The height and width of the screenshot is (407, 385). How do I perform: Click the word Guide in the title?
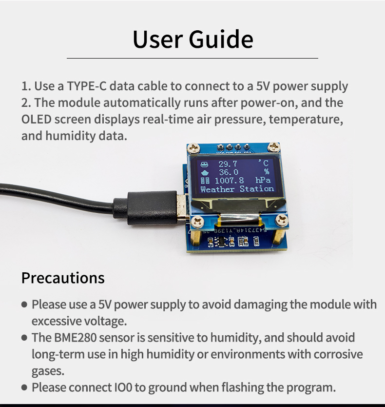pyautogui.click(x=221, y=40)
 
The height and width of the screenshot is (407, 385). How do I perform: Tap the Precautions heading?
pyautogui.click(x=63, y=278)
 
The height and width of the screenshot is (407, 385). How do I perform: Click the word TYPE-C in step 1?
pyautogui.click(x=87, y=86)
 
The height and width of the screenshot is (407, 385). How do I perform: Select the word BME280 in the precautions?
pyautogui.click(x=75, y=337)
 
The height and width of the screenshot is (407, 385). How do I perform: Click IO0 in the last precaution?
pyautogui.click(x=123, y=387)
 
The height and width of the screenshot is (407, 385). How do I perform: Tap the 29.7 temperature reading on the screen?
pyautogui.click(x=228, y=164)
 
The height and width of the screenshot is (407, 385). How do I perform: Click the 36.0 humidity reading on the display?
pyautogui.click(x=229, y=172)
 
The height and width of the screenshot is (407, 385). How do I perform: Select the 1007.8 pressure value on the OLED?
pyautogui.click(x=229, y=181)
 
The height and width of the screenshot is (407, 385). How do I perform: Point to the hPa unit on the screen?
pyautogui.click(x=263, y=180)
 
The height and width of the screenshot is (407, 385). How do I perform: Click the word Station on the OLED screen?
pyautogui.click(x=257, y=188)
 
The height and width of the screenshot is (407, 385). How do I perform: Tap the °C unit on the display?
pyautogui.click(x=264, y=163)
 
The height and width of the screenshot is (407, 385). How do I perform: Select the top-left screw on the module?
pyautogui.click(x=193, y=148)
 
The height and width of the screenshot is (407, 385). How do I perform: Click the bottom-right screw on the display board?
pyautogui.click(x=281, y=221)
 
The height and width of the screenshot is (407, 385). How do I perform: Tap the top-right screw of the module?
pyautogui.click(x=273, y=147)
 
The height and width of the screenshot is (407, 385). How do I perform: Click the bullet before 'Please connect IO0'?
pyautogui.click(x=24, y=387)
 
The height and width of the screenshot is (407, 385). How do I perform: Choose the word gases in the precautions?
pyautogui.click(x=48, y=371)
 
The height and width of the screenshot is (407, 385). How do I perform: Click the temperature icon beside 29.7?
pyautogui.click(x=205, y=164)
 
